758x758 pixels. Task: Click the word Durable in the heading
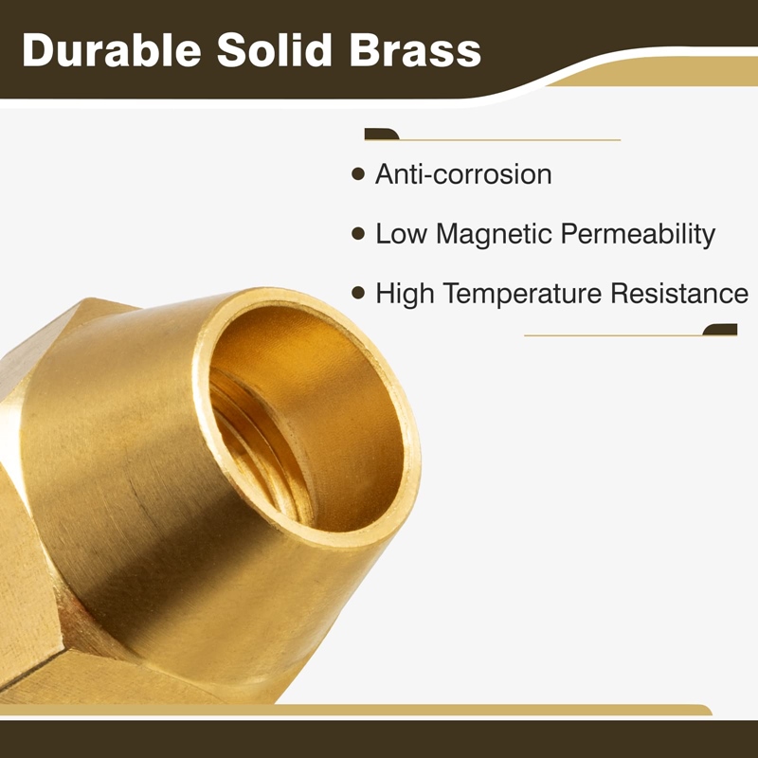tap(112, 50)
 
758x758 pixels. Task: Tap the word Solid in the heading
tap(275, 50)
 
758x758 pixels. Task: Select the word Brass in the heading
tap(415, 50)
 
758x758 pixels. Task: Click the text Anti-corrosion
tap(463, 174)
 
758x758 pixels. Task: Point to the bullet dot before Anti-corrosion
tap(358, 174)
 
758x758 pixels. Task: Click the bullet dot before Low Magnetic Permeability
tap(358, 234)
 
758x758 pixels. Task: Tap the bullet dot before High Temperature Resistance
tap(358, 293)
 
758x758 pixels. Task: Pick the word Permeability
tap(638, 235)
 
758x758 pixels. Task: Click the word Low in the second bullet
tap(402, 234)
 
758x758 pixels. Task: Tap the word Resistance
tap(679, 293)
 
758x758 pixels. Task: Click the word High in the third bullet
tap(406, 294)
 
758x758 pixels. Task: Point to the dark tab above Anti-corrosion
tap(382, 134)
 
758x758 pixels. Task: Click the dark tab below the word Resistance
tap(720, 329)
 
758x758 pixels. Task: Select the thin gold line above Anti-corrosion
tap(492, 140)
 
